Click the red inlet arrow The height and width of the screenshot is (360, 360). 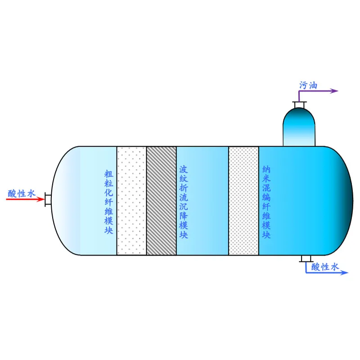pyautogui.click(x=25, y=199)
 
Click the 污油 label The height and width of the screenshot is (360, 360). pyautogui.click(x=308, y=85)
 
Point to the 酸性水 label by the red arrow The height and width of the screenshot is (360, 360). pyautogui.click(x=22, y=193)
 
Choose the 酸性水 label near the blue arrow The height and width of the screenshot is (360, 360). pyautogui.click(x=325, y=267)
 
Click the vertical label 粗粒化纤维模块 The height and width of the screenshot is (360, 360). pyautogui.click(x=108, y=202)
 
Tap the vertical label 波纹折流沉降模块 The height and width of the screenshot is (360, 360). pyautogui.click(x=184, y=202)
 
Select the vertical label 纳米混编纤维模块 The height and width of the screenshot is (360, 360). pyautogui.click(x=266, y=202)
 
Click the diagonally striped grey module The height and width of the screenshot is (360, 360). pyautogui.click(x=161, y=201)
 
